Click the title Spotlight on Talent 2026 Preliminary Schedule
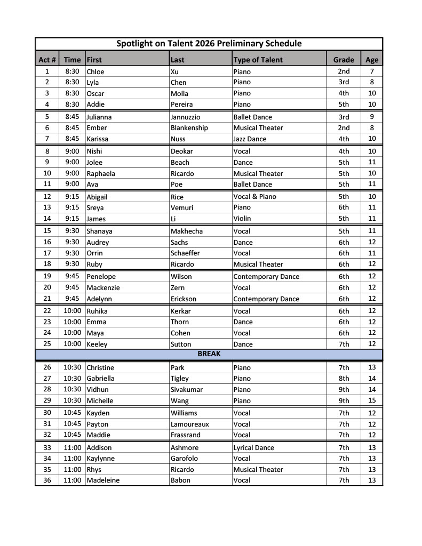(x=209, y=44)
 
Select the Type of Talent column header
(x=258, y=60)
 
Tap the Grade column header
(x=344, y=60)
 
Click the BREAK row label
(x=209, y=354)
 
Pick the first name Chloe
(x=95, y=71)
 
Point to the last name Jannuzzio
(x=186, y=117)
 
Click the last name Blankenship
(x=189, y=128)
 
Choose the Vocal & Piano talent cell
(x=254, y=197)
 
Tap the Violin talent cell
(x=242, y=219)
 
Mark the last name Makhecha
(x=187, y=231)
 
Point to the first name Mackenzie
(x=103, y=287)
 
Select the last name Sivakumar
(x=187, y=390)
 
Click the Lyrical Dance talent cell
(x=253, y=448)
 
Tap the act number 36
(x=47, y=480)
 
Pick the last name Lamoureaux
(x=189, y=424)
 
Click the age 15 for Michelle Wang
(x=372, y=400)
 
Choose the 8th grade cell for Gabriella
(x=344, y=379)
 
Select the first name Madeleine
(x=103, y=480)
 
